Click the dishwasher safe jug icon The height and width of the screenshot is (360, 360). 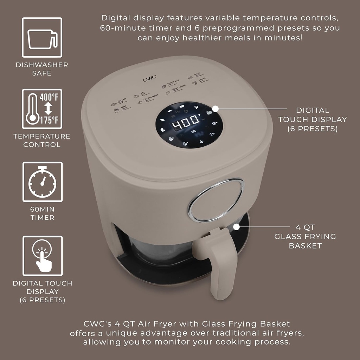coord(42,38)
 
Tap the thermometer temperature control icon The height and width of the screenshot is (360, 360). coord(42,109)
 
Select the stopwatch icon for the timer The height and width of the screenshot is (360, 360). coord(42,182)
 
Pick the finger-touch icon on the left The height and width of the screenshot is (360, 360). coord(43,256)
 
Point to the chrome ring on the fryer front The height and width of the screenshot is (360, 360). coord(216,200)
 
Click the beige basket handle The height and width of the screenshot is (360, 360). coord(221,260)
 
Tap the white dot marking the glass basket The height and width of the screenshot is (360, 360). coord(237,227)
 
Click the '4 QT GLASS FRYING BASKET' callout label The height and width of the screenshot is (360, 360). coord(305,236)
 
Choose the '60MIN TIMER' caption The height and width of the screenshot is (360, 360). coord(42,213)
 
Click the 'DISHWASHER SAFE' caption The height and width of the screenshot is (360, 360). coord(42,69)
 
